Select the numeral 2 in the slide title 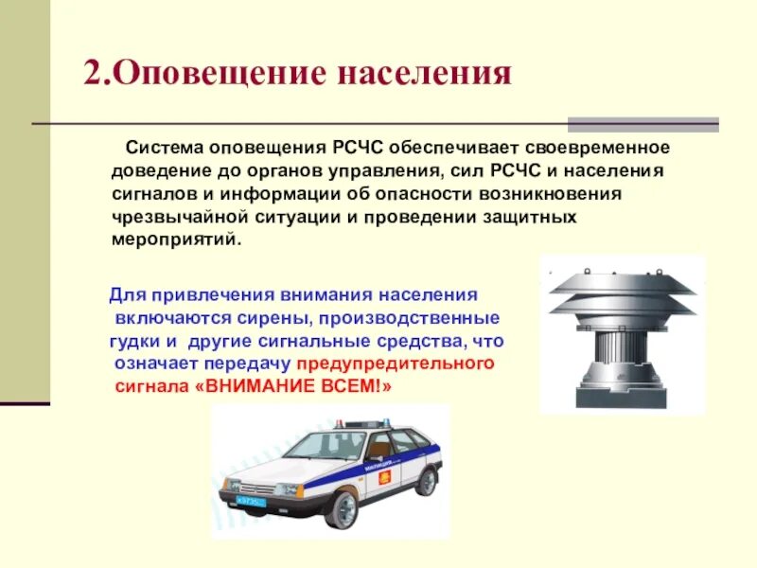[x=96, y=73]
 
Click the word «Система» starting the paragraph [x=164, y=147]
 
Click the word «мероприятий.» [x=176, y=240]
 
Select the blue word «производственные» [x=409, y=319]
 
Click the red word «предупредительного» [x=396, y=364]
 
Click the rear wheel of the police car [x=427, y=482]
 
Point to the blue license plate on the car [x=251, y=501]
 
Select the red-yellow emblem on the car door [x=385, y=478]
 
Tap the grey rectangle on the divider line [x=643, y=125]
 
